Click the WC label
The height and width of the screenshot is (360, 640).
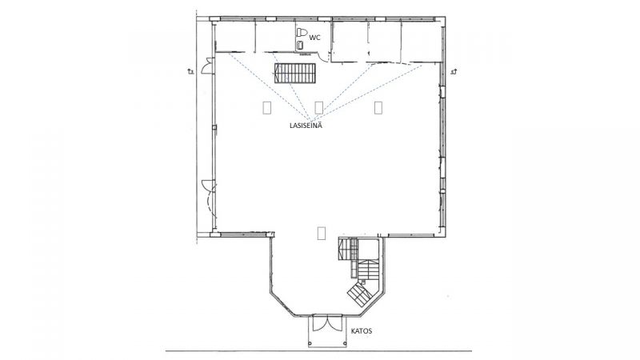click(x=314, y=38)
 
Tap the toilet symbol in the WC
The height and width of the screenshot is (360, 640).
click(x=302, y=32)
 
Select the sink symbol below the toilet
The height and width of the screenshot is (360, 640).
click(x=301, y=45)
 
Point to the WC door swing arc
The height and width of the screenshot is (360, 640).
click(x=324, y=58)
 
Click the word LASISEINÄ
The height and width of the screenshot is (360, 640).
click(x=306, y=126)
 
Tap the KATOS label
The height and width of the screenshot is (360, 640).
click(x=362, y=331)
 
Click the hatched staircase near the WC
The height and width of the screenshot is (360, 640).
click(x=295, y=73)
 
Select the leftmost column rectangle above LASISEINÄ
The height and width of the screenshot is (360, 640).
click(x=267, y=107)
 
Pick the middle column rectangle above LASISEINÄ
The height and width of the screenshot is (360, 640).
click(x=319, y=107)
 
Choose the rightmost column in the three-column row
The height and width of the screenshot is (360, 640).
click(x=378, y=107)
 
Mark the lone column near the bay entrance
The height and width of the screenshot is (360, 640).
click(x=322, y=233)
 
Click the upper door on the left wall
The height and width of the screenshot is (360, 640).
click(x=207, y=66)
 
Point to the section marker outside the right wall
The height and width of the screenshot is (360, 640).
click(x=454, y=72)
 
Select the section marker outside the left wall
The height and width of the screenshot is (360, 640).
click(x=190, y=72)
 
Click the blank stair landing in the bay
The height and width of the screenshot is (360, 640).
click(x=369, y=250)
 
